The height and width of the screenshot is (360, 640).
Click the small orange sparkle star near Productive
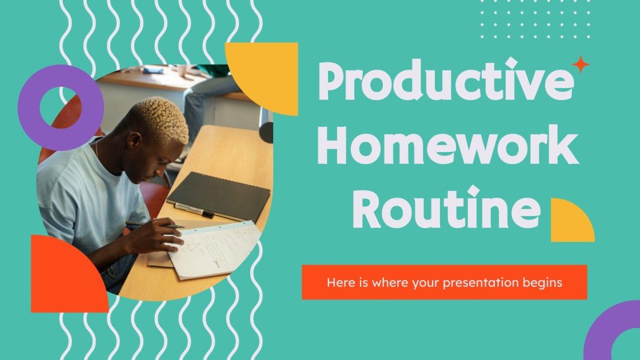click(581, 65)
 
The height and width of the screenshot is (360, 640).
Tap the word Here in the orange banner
click(338, 282)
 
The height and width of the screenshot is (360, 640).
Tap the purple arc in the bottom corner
click(606, 331)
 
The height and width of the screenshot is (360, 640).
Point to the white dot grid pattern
click(534, 20)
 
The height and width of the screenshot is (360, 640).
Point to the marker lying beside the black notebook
click(194, 210)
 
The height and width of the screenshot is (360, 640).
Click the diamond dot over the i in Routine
click(474, 190)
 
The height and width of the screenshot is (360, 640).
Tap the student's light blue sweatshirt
click(86, 200)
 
